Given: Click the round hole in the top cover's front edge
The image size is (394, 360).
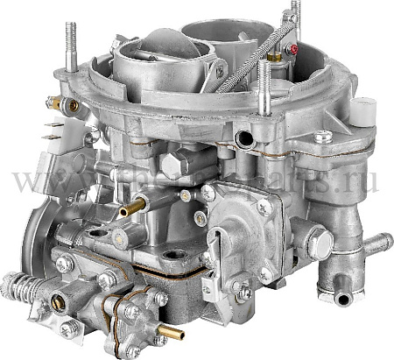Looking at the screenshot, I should coord(239,138).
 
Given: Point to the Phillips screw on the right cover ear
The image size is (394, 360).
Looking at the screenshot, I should coord(322,137).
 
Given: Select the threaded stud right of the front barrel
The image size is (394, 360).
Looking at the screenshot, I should coord(263,83).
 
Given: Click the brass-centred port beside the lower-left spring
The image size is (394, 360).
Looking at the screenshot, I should coord(57,302).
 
